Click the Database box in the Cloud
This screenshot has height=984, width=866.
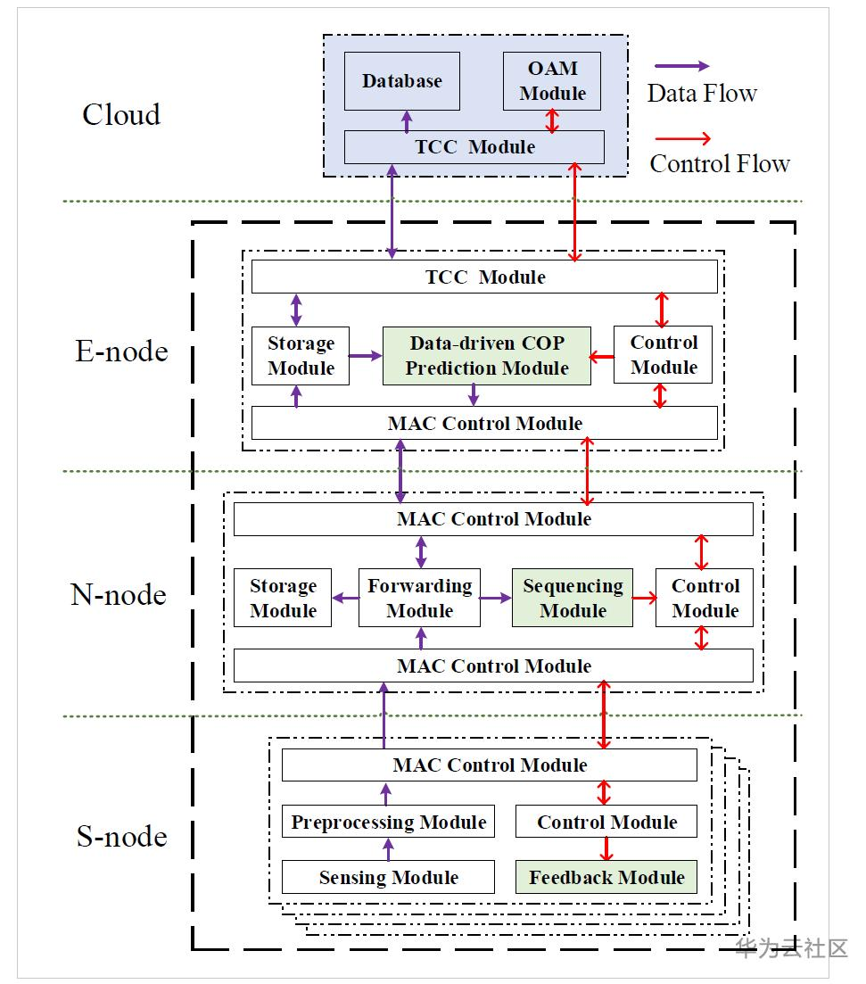pyautogui.click(x=402, y=81)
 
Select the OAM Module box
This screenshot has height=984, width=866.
pyautogui.click(x=552, y=81)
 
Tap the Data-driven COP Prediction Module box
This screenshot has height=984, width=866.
pyautogui.click(x=487, y=356)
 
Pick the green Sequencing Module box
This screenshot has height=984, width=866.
pyautogui.click(x=573, y=599)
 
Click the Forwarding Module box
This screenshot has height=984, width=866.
pyautogui.click(x=419, y=599)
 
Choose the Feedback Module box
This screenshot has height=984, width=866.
pyautogui.click(x=606, y=877)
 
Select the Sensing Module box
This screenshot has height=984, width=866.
pyautogui.click(x=388, y=877)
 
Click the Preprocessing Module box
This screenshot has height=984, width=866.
pyautogui.click(x=388, y=822)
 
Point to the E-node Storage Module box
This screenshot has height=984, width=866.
pyautogui.click(x=301, y=356)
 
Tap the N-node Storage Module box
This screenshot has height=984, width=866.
pyautogui.click(x=283, y=599)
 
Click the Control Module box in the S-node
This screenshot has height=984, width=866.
pyautogui.click(x=606, y=822)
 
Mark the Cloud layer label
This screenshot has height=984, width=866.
pyautogui.click(x=121, y=115)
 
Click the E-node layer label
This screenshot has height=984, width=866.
pyautogui.click(x=121, y=351)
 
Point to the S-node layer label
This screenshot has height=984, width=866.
pyautogui.click(x=121, y=837)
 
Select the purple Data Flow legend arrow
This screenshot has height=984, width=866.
pyautogui.click(x=681, y=66)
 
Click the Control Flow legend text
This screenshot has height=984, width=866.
pyautogui.click(x=719, y=164)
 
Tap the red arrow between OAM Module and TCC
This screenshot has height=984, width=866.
pyautogui.click(x=552, y=120)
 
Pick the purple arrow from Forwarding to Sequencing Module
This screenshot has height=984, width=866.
pyautogui.click(x=495, y=599)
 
